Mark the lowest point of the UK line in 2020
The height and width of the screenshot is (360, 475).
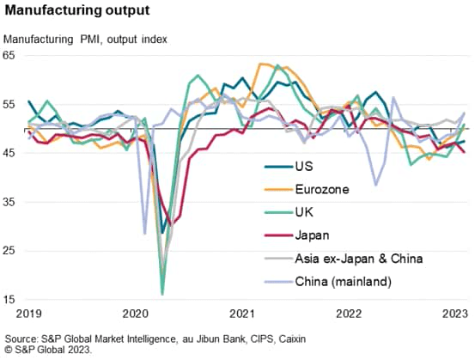pos(162,294)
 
